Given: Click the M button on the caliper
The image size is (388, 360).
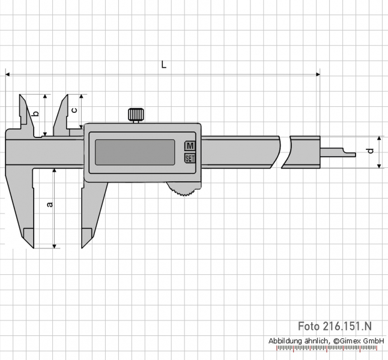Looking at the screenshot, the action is (x=190, y=146).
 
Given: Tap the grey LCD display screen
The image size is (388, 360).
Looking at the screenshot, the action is (x=135, y=152).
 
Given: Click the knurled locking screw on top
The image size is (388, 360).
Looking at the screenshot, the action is (x=136, y=115).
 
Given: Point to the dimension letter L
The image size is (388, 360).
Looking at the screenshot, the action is (x=164, y=65).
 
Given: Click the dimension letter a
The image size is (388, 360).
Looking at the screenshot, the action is (x=50, y=205).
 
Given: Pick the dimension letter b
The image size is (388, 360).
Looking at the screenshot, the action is (x=36, y=113).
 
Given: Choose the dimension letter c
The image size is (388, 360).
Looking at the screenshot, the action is (x=74, y=110).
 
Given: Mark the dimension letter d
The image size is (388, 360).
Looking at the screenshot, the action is (x=371, y=151).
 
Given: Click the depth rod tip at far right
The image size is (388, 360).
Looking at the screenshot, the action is (x=356, y=155).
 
